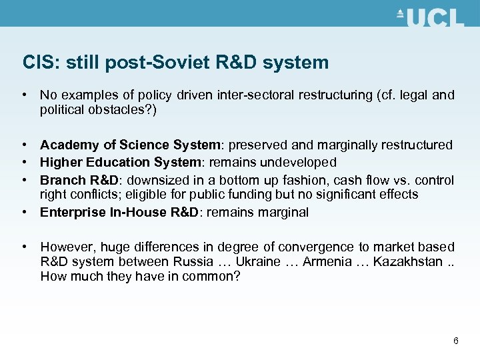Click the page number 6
[456, 341]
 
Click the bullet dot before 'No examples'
[24, 95]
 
